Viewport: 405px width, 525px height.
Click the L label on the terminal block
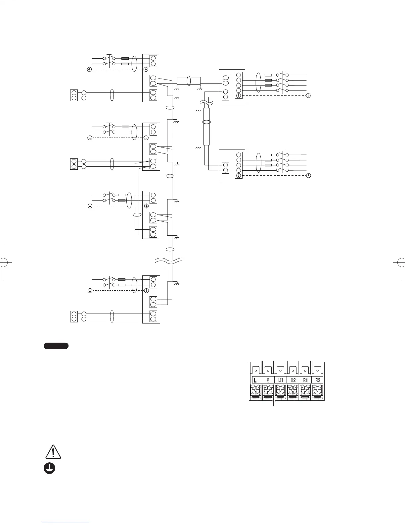[255, 380]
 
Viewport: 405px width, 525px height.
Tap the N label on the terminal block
[268, 380]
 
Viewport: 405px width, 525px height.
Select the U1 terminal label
[280, 380]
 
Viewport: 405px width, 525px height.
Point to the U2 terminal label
[293, 380]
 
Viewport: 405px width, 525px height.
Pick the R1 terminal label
[305, 380]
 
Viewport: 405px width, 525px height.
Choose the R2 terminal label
[318, 380]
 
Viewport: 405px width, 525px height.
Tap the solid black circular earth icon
[49, 468]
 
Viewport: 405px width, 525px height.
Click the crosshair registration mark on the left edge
[3, 262]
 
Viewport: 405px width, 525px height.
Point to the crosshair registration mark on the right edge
[402, 262]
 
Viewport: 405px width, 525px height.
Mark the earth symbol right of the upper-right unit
[308, 95]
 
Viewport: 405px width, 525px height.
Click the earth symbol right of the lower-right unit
[308, 175]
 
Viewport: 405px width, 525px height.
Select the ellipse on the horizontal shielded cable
[189, 80]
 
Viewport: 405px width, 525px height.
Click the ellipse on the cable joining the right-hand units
[206, 122]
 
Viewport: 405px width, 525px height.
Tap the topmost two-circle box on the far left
[74, 95]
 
